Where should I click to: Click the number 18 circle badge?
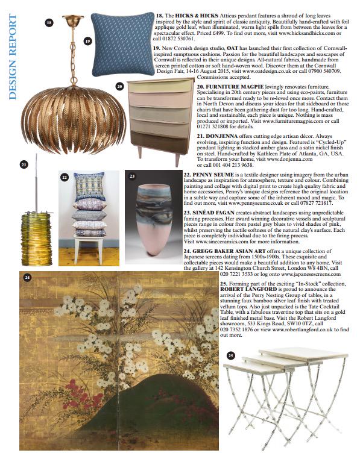tap(49, 22)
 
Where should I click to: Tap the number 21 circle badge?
tap(24, 164)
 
